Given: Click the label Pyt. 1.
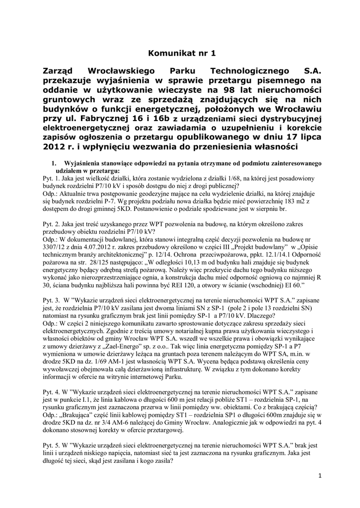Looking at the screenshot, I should coord(52,178).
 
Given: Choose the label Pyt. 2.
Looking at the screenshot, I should coord(52,225).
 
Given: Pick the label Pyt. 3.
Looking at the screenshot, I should coord(52,300).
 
